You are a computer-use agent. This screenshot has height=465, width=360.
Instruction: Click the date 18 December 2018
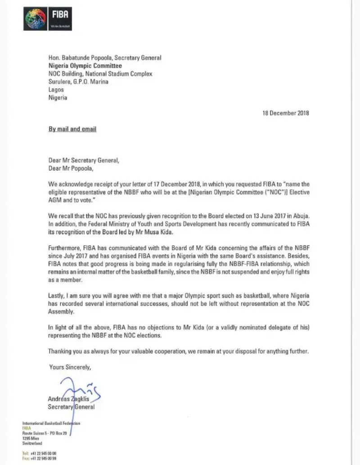[286, 113]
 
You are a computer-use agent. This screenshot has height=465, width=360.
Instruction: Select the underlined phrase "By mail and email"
[72, 129]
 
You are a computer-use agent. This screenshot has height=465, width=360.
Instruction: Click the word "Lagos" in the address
[56, 90]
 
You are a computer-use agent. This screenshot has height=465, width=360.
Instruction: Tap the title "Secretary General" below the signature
[72, 407]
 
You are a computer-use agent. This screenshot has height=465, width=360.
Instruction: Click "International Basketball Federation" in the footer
[50, 424]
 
